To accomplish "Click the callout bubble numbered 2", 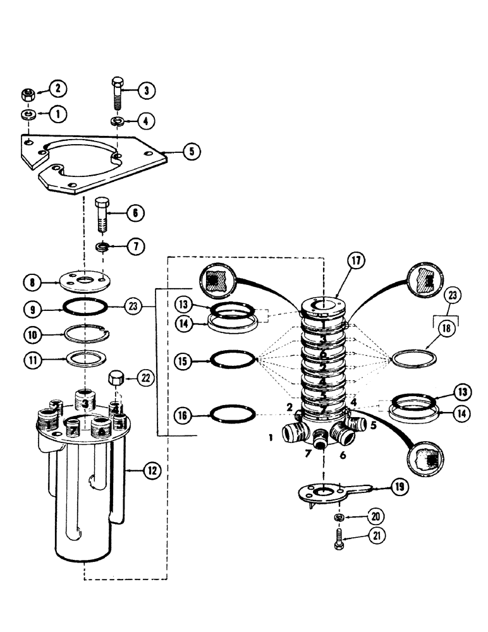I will pyautogui.click(x=59, y=88).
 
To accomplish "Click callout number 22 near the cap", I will pyautogui.click(x=145, y=379).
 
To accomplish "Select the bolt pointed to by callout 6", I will pyautogui.click(x=104, y=215).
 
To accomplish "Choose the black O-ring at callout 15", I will pyautogui.click(x=233, y=360).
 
